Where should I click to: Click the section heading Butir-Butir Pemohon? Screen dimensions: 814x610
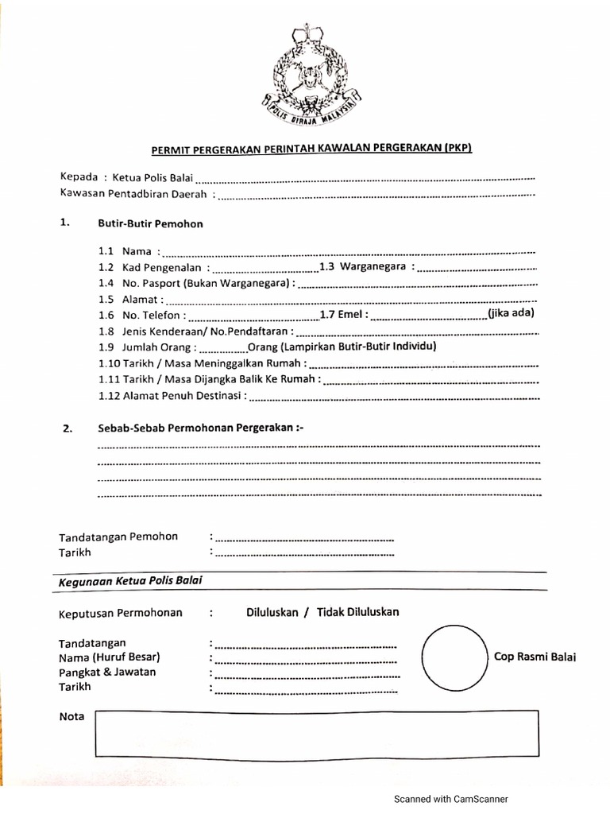pyautogui.click(x=150, y=223)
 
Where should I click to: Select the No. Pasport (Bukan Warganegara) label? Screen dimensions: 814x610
pyautogui.click(x=207, y=283)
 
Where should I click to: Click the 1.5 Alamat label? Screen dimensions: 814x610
pyautogui.click(x=132, y=299)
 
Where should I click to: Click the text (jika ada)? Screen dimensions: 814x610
pyautogui.click(x=512, y=312)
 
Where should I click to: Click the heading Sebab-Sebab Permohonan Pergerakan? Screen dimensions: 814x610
pyautogui.click(x=200, y=428)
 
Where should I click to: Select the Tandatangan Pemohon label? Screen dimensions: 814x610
pyautogui.click(x=118, y=537)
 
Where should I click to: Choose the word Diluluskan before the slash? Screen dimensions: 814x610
pyautogui.click(x=272, y=612)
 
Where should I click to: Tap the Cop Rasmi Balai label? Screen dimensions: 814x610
pyautogui.click(x=535, y=657)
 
